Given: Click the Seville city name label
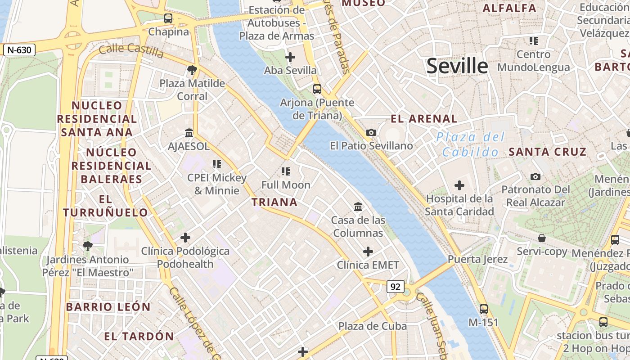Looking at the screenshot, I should [x=457, y=66].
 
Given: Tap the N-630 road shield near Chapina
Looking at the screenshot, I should [x=19, y=50].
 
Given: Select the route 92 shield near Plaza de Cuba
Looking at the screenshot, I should [x=395, y=287].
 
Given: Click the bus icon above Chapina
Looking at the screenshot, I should [x=168, y=18].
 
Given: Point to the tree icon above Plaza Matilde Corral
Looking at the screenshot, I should [x=192, y=70].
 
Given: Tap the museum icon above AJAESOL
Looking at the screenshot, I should [x=189, y=133].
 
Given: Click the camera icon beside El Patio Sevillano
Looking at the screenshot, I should [x=371, y=132].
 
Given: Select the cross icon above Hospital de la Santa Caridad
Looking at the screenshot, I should [x=459, y=185].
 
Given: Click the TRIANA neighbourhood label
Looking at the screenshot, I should [x=274, y=202].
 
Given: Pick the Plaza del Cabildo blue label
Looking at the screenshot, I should [x=470, y=144].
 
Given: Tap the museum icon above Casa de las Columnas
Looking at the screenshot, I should [x=358, y=207].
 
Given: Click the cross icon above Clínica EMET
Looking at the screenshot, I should [x=368, y=252].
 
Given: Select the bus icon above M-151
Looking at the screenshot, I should [x=484, y=309].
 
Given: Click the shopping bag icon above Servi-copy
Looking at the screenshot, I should [x=542, y=238].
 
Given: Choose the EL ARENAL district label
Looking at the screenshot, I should [x=424, y=119].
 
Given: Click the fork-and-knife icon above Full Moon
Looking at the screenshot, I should [x=286, y=171].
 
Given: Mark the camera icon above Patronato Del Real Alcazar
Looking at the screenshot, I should [x=535, y=176].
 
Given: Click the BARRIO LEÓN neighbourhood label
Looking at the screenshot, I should [x=108, y=307].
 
